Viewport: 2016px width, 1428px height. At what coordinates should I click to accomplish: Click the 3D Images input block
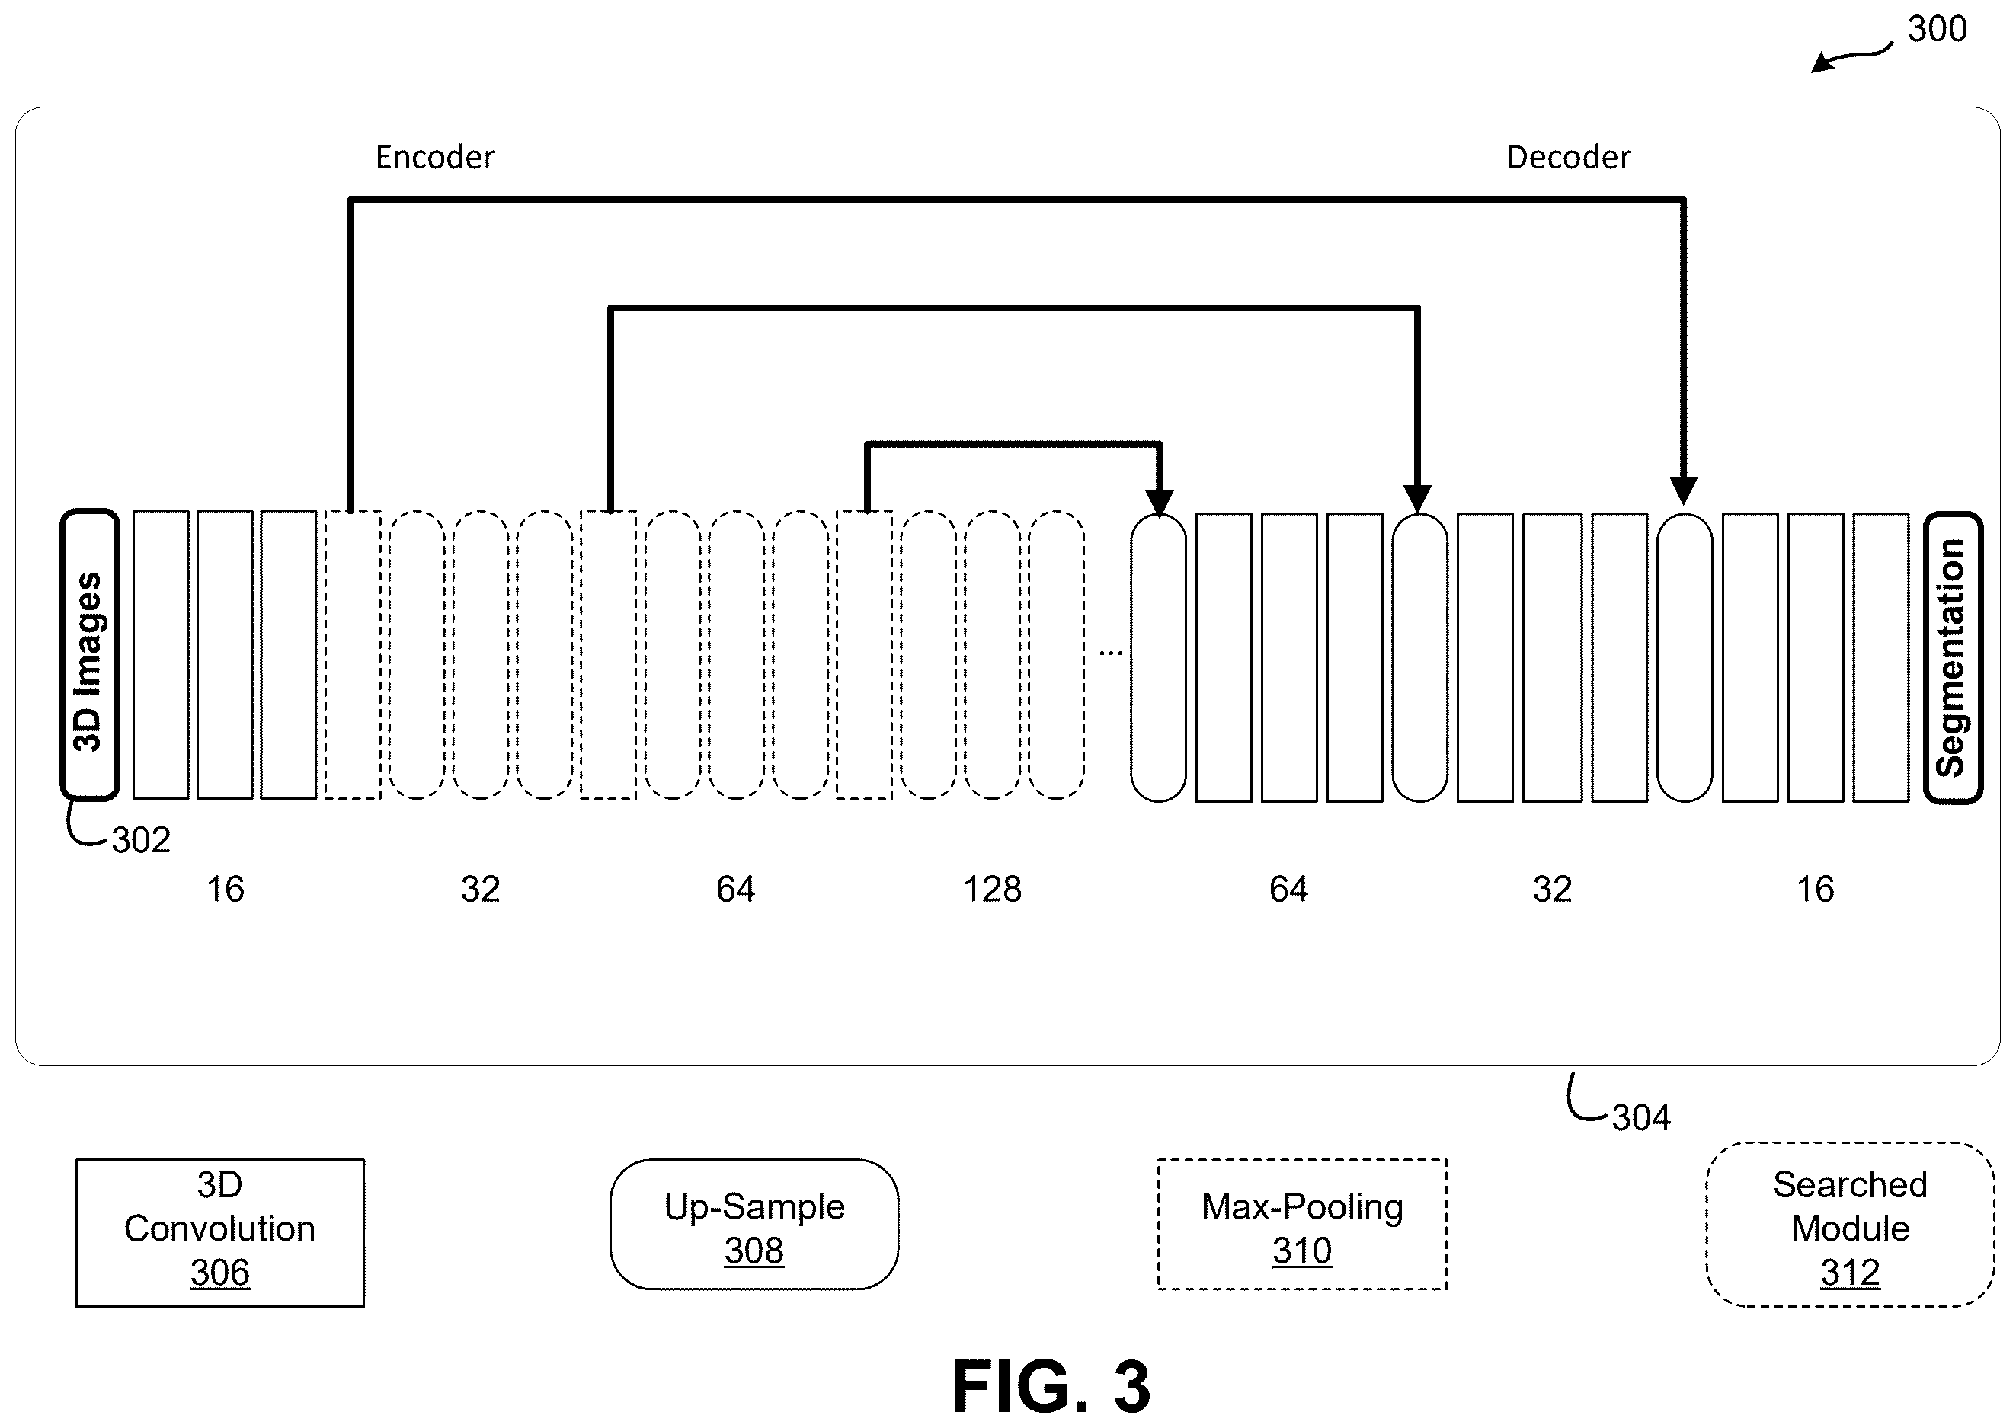(89, 655)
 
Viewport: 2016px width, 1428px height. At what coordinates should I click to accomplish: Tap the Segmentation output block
(1953, 658)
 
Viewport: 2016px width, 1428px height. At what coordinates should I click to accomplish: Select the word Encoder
(434, 158)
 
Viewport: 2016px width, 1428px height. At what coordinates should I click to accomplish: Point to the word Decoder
(1568, 158)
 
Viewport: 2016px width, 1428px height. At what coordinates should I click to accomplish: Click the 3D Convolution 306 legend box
(220, 1233)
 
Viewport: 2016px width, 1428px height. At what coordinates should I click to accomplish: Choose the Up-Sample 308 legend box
(754, 1224)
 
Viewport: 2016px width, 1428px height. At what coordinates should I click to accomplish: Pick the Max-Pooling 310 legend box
(1302, 1224)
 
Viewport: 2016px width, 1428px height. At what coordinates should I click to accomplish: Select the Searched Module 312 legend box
(1850, 1224)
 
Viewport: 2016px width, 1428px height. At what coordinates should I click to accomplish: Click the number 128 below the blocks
(992, 889)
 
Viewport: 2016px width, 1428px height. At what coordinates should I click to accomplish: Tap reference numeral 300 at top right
(1937, 29)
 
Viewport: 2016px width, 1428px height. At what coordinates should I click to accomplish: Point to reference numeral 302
(141, 841)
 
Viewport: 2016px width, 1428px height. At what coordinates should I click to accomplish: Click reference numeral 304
(1641, 1117)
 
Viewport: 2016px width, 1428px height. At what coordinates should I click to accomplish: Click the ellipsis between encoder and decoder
(1111, 653)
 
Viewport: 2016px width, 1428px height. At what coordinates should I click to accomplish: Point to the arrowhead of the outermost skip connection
(1682, 490)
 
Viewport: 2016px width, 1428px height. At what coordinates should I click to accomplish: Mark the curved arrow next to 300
(1851, 57)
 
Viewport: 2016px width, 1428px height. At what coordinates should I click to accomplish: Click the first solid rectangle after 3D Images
(161, 654)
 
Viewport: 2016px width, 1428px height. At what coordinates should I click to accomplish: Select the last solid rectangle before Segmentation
(1880, 658)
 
